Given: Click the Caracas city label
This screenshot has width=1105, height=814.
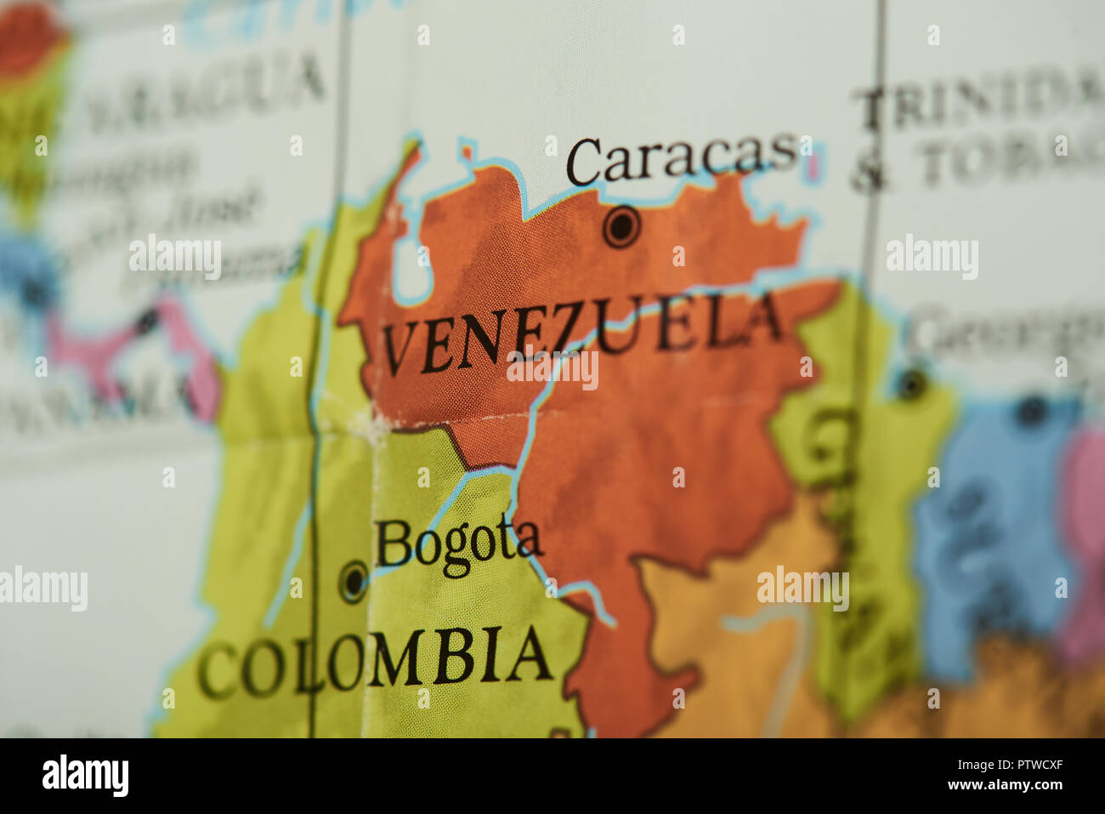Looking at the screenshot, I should (x=683, y=159).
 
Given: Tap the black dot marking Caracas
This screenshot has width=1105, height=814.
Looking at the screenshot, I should (x=621, y=227).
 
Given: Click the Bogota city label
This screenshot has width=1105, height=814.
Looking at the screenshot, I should (x=458, y=544).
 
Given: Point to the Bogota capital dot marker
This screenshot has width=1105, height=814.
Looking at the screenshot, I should (x=354, y=583).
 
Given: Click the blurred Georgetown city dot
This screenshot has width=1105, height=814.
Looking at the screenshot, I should (x=912, y=384).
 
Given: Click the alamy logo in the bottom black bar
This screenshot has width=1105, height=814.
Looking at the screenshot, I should (x=85, y=776).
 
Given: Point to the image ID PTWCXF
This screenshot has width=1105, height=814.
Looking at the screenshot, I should (x=1019, y=764).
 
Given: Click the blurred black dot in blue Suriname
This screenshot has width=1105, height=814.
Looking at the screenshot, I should (x=1031, y=412).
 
